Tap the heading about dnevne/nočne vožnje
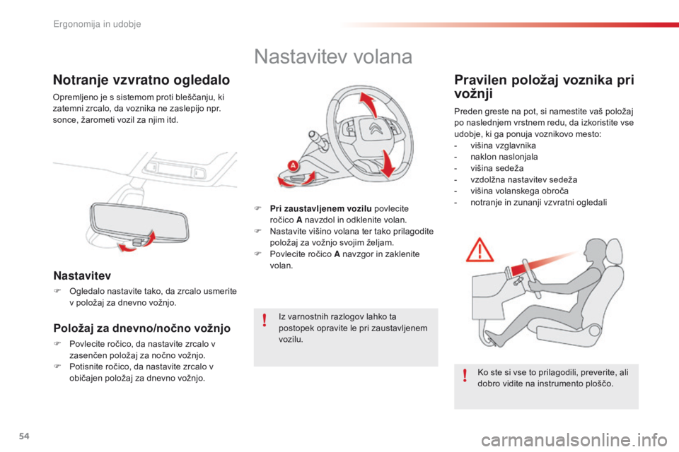141,328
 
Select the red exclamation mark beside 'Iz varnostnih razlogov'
264,322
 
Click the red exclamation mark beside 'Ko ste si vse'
465,374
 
